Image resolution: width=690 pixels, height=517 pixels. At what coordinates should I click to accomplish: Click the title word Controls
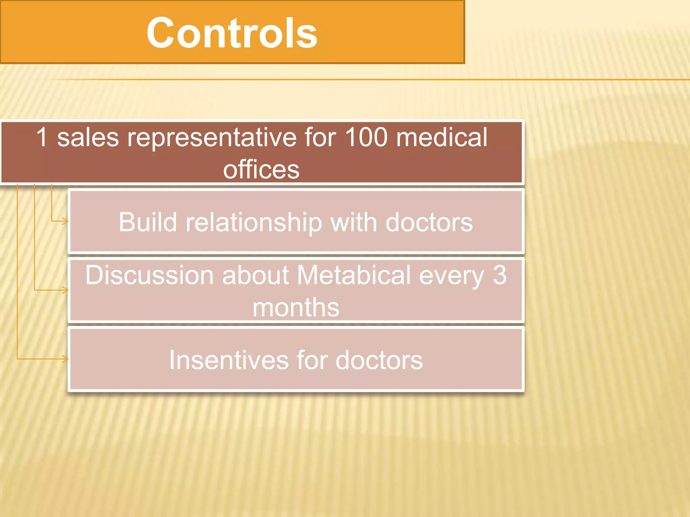[x=232, y=33]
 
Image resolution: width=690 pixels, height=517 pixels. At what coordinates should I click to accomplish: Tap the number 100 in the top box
[x=366, y=137]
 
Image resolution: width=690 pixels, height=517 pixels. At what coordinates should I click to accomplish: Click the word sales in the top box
[x=88, y=138]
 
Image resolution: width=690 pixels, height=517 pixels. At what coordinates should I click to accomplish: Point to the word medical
[x=442, y=137]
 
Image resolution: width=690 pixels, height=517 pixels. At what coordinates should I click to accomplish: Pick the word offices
[x=261, y=169]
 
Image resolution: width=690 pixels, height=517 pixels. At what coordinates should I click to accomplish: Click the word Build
[x=148, y=222]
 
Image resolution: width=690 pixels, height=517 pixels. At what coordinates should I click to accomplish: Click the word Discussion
[x=149, y=275]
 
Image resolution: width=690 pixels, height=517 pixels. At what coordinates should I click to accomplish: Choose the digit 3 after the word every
[x=500, y=275]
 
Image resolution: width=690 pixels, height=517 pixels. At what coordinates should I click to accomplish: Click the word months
[x=296, y=307]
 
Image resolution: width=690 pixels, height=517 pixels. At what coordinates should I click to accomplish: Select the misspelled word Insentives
[x=228, y=360]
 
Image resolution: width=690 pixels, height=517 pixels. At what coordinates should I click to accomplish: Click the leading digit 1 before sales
[x=42, y=137]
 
